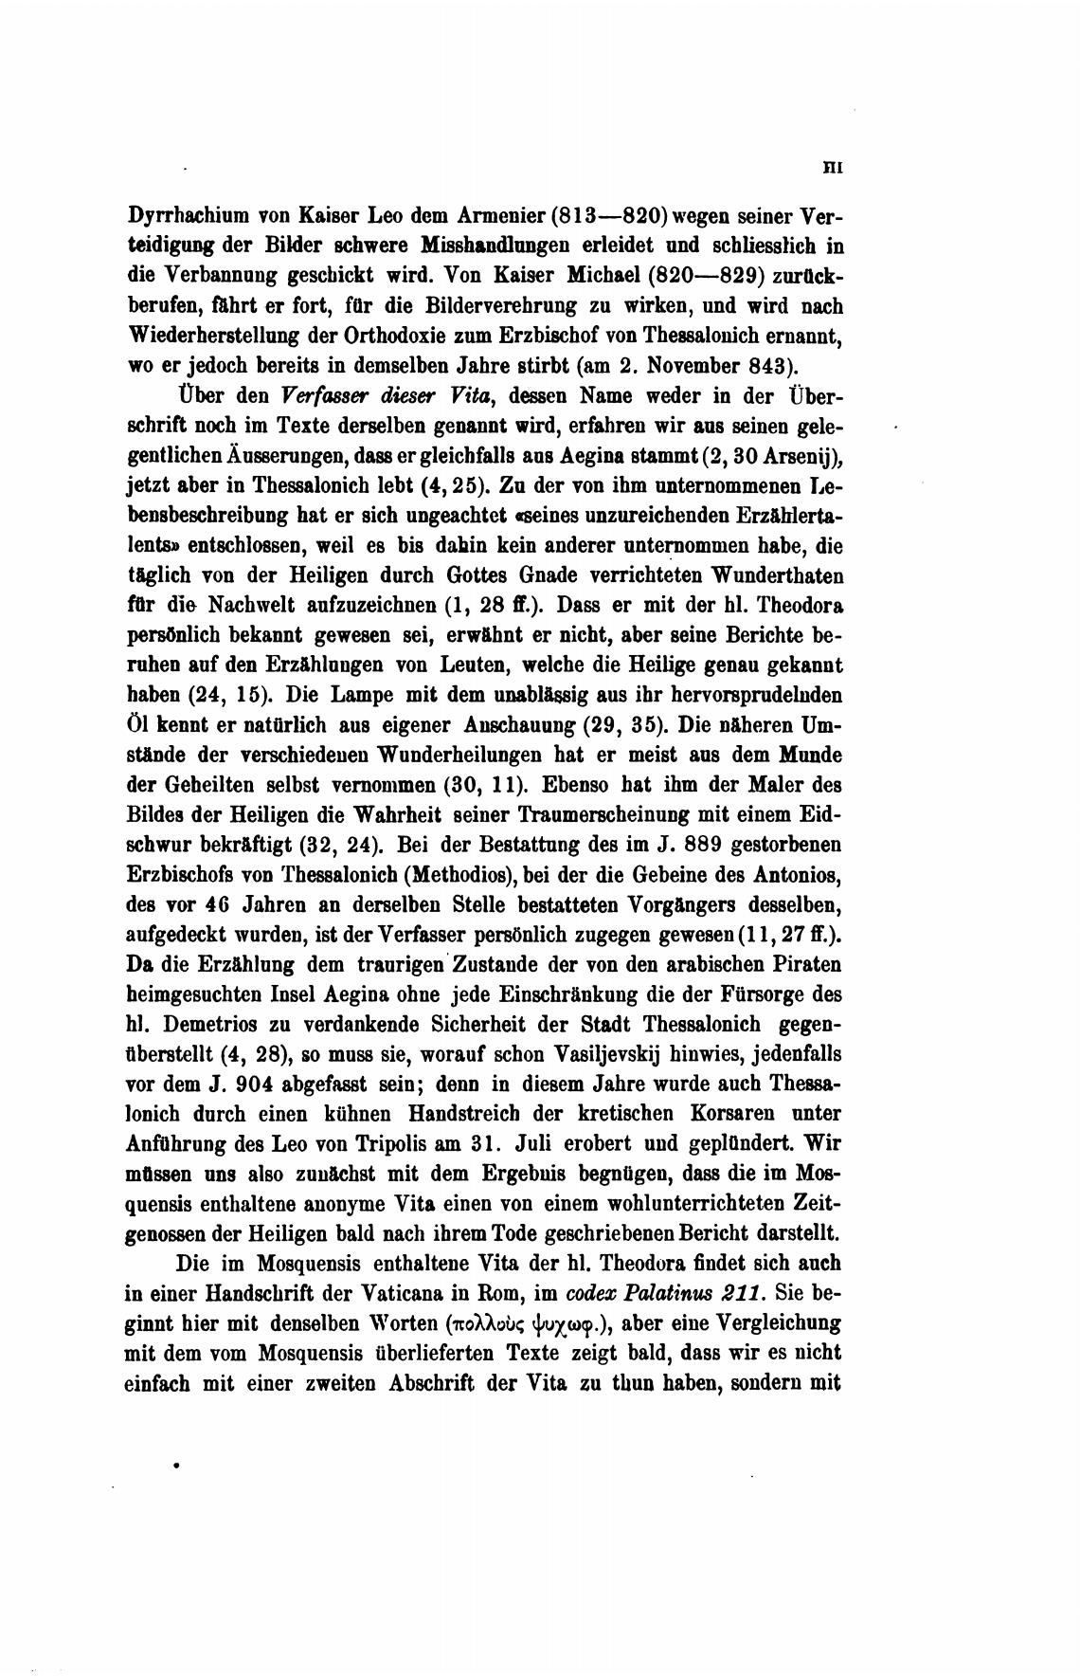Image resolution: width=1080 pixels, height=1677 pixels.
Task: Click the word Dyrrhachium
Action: click(x=187, y=215)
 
